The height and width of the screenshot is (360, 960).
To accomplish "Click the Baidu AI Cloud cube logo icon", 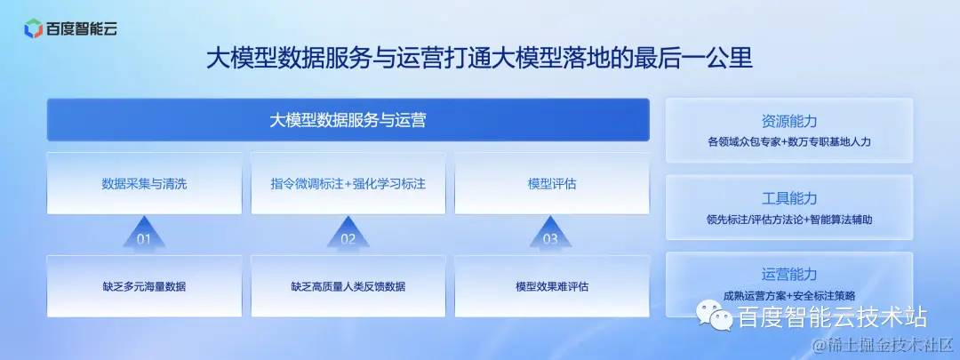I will click(33, 28).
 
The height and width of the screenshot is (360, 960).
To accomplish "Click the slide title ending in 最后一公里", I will click(480, 60).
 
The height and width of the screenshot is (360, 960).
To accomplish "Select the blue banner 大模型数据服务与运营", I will click(348, 120).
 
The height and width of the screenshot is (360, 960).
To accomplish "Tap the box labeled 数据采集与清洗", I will click(144, 184).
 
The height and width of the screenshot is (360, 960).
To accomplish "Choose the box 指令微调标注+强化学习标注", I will click(348, 184).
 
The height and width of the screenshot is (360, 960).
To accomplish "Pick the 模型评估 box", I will click(552, 184).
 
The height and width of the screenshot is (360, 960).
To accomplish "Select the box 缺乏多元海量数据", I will click(144, 286).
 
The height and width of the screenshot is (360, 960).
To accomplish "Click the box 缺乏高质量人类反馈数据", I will click(348, 286).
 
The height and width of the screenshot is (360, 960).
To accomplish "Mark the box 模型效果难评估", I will click(552, 286).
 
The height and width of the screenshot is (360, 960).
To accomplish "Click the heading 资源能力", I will click(789, 122).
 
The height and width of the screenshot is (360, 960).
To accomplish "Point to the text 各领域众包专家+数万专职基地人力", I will click(789, 141).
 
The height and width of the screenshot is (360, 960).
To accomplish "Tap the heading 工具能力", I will click(789, 198).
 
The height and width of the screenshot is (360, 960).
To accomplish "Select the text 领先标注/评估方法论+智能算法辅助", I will click(789, 218).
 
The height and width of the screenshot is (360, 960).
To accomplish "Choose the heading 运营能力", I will click(789, 274).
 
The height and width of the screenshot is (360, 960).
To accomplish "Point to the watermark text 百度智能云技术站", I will click(832, 316).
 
